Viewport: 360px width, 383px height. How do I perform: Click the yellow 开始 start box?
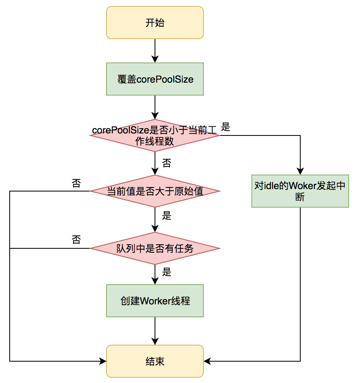click(x=155, y=23)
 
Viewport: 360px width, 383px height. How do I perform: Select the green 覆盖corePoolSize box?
click(x=155, y=79)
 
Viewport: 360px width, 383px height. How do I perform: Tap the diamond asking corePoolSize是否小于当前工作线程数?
click(x=155, y=135)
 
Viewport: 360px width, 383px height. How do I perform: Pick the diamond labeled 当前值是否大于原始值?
click(x=155, y=191)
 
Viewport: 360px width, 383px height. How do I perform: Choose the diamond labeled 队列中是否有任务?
click(x=155, y=248)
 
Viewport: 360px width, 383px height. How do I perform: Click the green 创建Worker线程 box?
click(x=155, y=301)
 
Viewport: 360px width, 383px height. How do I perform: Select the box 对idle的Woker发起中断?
click(x=300, y=191)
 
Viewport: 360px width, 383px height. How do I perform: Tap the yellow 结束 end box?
click(x=155, y=361)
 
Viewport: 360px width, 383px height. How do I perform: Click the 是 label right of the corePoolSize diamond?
click(x=226, y=127)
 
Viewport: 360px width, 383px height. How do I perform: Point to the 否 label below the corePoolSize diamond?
click(x=166, y=163)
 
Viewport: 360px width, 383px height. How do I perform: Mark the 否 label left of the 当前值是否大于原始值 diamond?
click(x=76, y=183)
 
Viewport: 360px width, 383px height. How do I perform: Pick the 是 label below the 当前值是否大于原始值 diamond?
click(x=167, y=216)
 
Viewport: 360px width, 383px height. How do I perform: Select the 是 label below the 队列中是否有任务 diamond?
click(x=167, y=272)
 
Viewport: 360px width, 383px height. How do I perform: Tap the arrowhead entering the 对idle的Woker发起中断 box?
click(x=300, y=171)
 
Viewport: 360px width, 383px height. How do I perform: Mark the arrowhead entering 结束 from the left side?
click(x=103, y=361)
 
